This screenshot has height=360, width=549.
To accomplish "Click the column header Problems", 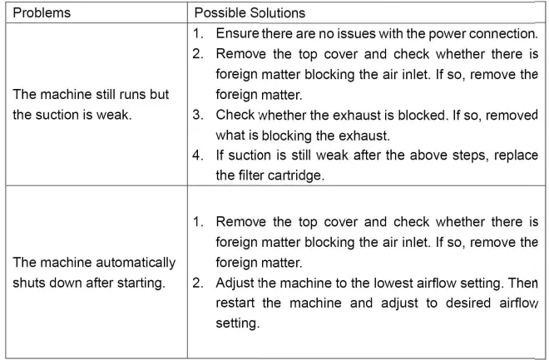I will coord(41,13).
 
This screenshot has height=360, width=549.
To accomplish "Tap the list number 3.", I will coord(197,115).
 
